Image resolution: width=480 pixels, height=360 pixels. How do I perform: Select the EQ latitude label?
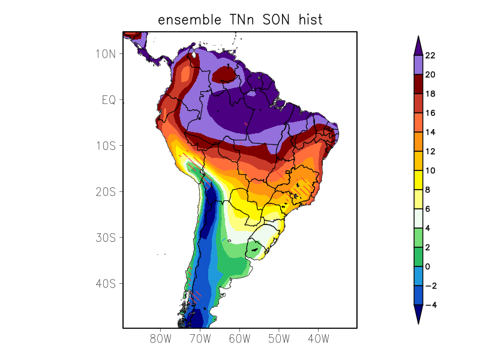point(109,100)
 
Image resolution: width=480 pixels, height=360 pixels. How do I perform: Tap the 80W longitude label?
point(161,338)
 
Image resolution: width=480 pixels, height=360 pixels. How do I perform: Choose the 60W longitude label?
point(239,338)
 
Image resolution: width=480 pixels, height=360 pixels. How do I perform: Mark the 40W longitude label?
point(318,338)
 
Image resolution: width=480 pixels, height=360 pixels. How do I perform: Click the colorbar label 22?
point(430,56)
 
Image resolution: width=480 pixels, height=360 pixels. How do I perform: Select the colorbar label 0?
point(427,267)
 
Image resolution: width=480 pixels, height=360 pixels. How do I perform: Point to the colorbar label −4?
point(430,305)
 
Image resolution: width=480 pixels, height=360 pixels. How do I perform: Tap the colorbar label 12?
point(430,152)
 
